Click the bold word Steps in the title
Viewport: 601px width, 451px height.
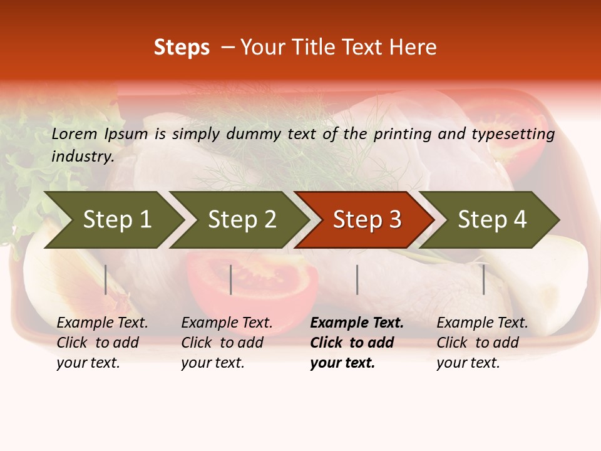pos(182,48)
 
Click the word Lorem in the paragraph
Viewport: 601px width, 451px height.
pos(74,133)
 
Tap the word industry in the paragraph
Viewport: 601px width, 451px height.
pos(82,156)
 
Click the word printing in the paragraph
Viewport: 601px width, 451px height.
pos(394,133)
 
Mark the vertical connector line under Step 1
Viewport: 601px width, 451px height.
pos(106,279)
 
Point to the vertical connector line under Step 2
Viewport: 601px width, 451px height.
pos(231,279)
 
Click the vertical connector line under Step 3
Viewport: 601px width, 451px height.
pos(357,279)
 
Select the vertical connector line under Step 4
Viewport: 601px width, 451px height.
pos(483,279)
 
